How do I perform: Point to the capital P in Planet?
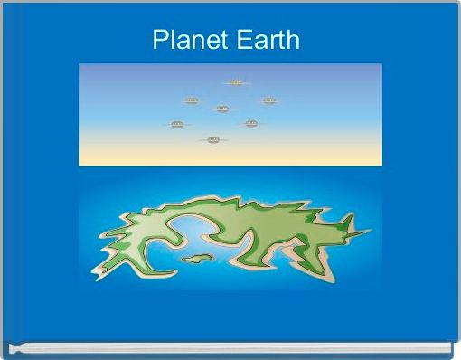point(159,41)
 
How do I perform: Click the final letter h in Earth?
point(292,41)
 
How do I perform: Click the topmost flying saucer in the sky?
point(236,82)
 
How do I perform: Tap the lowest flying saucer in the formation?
point(213,139)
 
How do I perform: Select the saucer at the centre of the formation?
point(222,109)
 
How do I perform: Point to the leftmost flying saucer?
point(177,124)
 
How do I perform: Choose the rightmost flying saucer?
point(268,100)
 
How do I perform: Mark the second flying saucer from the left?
point(192,100)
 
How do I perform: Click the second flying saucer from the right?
point(251,123)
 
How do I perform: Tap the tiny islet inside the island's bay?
point(195,259)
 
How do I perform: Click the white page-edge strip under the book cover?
point(230,346)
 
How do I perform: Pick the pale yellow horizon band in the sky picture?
point(230,157)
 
